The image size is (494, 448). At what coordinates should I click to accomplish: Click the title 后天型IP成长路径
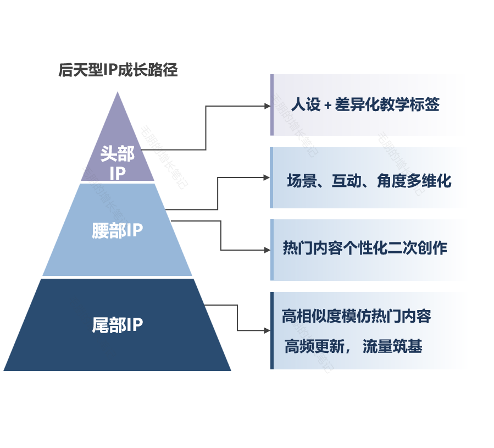tap(118, 70)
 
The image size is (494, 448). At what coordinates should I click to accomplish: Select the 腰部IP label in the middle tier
tap(118, 230)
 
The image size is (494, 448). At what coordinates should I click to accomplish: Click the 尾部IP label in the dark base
tap(118, 325)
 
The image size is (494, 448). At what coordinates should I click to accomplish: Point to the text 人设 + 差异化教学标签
tap(365, 104)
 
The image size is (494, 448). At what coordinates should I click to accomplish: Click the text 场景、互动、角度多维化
tap(369, 181)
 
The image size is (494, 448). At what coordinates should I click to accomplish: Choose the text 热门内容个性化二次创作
tap(365, 248)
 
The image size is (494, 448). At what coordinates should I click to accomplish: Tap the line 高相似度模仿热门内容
tap(356, 316)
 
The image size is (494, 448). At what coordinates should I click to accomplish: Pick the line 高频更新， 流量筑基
tap(353, 347)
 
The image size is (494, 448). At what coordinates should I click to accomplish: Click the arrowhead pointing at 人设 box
tap(267, 106)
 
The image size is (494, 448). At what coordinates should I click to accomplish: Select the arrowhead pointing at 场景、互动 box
tap(267, 177)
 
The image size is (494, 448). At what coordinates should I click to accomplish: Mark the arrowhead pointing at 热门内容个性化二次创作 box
tap(267, 250)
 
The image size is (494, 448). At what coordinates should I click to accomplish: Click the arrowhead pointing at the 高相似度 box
tap(267, 330)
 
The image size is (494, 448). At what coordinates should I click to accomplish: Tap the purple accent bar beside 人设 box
tap(271, 104)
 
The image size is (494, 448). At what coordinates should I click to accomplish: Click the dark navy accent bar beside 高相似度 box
tap(271, 330)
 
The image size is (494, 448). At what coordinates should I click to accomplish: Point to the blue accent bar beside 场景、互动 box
tap(271, 177)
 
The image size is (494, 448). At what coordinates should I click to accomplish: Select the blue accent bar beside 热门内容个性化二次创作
tap(271, 250)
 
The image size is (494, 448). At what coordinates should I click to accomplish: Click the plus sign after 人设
tap(328, 106)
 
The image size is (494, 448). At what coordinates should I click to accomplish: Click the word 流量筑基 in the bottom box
tap(392, 347)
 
